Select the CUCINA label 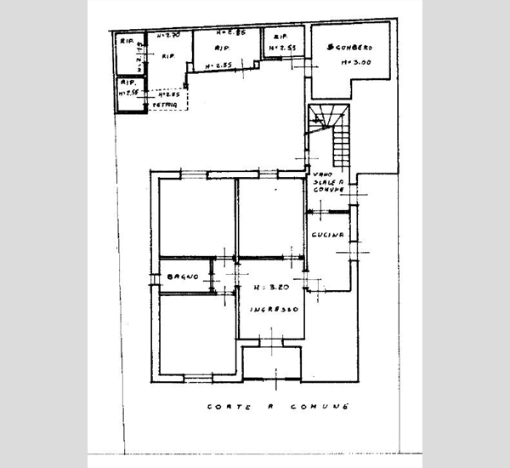point(327,235)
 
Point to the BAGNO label point(183,277)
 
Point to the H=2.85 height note point(231,33)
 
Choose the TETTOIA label point(167,104)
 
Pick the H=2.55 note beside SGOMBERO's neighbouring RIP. point(281,50)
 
